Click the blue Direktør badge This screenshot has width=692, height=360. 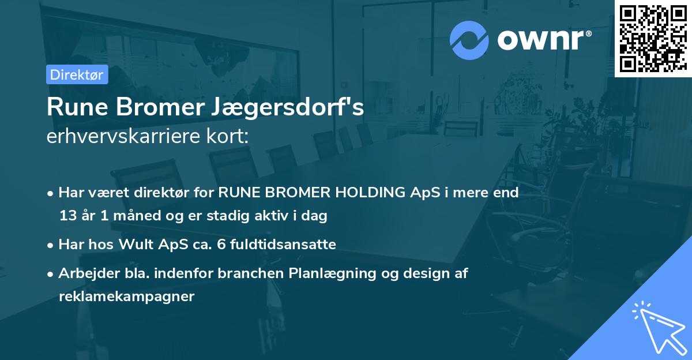coord(77,74)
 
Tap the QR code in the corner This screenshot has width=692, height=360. coord(653,39)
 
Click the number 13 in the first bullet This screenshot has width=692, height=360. coord(67,216)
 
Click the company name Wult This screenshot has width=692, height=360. coord(138,245)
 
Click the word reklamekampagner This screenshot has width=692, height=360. coord(126,297)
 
